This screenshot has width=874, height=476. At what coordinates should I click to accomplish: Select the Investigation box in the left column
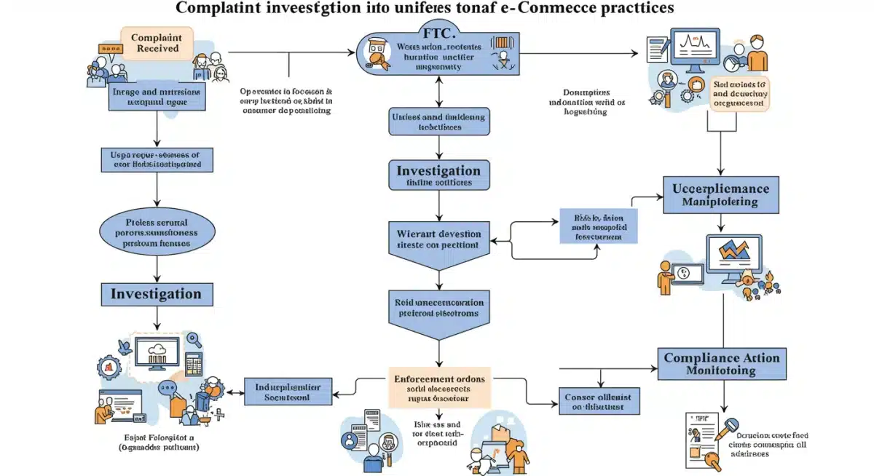coord(156,294)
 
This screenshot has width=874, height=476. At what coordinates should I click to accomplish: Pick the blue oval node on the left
coord(156,232)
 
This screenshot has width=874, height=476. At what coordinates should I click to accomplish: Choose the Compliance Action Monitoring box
coord(722,364)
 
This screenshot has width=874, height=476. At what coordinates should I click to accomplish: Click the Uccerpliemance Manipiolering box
coord(721,194)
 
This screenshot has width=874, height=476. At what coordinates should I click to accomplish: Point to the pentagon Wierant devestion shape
coord(438,241)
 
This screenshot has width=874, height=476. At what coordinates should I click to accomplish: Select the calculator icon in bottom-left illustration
coord(192,361)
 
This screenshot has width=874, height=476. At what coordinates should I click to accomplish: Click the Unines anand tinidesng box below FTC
coord(438,122)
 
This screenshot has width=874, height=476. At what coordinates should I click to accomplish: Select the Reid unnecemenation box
coord(438,307)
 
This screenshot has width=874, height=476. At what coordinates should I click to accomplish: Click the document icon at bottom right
coord(701,439)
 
